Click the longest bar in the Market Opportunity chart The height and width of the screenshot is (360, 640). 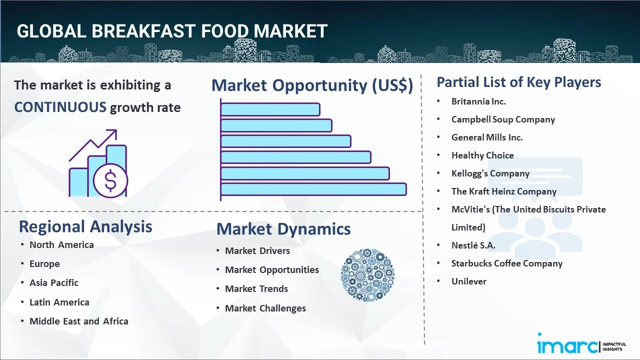[313, 189]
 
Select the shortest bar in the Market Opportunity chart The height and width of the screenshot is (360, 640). [270, 109]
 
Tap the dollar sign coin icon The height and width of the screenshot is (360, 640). [110, 180]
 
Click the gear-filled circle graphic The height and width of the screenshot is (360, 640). [367, 275]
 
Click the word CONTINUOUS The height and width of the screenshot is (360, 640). [60, 107]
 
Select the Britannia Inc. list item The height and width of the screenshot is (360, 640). [478, 101]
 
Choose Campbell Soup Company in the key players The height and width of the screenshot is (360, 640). [503, 119]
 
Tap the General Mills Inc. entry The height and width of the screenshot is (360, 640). [487, 137]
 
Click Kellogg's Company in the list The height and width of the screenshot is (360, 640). [490, 173]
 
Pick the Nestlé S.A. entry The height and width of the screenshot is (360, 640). [473, 245]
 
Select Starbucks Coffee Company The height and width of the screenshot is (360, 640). [507, 263]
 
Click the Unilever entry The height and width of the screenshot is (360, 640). [469, 281]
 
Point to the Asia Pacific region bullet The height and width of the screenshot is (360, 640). [54, 283]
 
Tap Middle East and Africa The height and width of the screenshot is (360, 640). [79, 321]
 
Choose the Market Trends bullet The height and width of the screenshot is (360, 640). [256, 289]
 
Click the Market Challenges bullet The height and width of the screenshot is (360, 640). [265, 308]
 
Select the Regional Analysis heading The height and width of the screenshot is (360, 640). [85, 226]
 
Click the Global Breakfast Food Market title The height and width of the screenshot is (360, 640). [172, 31]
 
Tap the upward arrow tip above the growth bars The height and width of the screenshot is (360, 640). [116, 130]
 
